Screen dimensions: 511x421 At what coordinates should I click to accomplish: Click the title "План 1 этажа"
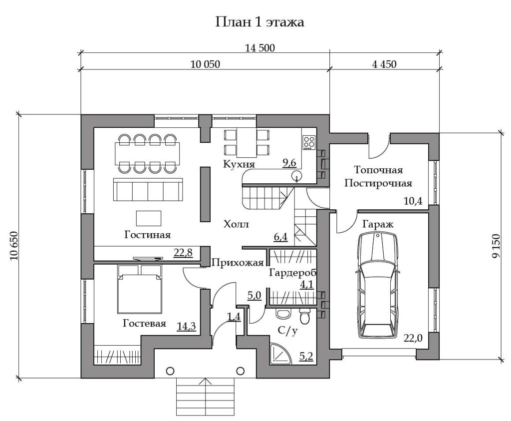pyautogui.click(x=259, y=22)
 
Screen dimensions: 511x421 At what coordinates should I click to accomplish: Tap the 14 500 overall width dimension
pyautogui.click(x=259, y=48)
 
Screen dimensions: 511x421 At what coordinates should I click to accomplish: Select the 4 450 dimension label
pyautogui.click(x=384, y=64)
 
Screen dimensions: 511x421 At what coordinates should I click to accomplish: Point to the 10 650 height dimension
pyautogui.click(x=14, y=246)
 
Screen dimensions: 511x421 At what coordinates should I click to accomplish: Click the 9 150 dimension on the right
pyautogui.click(x=496, y=246)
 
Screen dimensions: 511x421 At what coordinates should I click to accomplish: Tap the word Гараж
pyautogui.click(x=378, y=225)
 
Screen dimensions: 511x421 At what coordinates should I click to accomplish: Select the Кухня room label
pyautogui.click(x=239, y=164)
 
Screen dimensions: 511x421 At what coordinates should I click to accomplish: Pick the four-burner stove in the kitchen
pyautogui.click(x=309, y=142)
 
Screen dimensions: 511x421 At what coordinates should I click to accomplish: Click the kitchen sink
pyautogui.click(x=296, y=176)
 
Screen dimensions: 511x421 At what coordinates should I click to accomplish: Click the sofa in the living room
pyautogui.click(x=148, y=189)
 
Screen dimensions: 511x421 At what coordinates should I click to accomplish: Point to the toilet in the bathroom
pyautogui.click(x=304, y=316)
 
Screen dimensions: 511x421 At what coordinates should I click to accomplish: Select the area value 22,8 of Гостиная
pyautogui.click(x=183, y=253)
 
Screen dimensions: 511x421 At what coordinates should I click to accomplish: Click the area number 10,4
pyautogui.click(x=413, y=201)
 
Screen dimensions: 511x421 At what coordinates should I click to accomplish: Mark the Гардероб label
pyautogui.click(x=292, y=273)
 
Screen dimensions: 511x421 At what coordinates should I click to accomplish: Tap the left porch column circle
pyautogui.click(x=170, y=371)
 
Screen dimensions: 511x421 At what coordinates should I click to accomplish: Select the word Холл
pyautogui.click(x=236, y=225)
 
